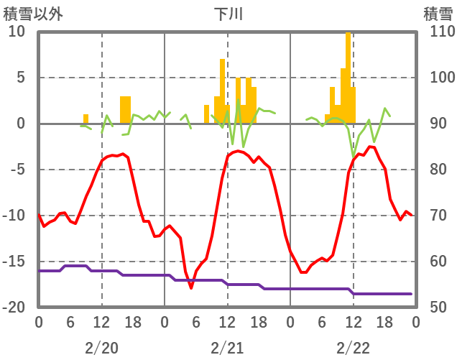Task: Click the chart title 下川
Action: [228, 13]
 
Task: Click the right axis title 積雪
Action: [438, 13]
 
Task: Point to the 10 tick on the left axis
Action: [17, 32]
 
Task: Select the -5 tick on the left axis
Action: [17, 170]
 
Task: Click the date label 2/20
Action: [101, 349]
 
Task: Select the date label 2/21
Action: [227, 349]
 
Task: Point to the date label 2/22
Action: [353, 349]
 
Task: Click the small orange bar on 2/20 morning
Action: [86, 119]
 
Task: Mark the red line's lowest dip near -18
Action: [191, 287]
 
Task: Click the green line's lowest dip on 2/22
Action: [354, 155]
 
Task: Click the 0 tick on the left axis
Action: [20, 124]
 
